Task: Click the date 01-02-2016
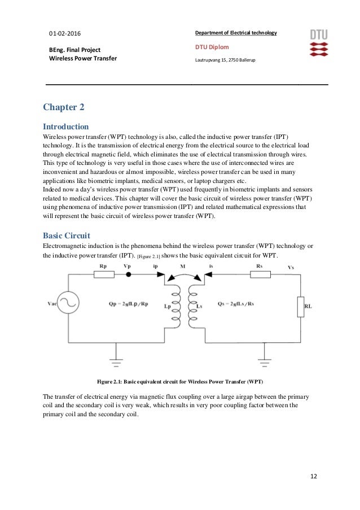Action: (x=65, y=33)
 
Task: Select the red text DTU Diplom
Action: (x=211, y=47)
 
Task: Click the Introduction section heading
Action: (x=66, y=126)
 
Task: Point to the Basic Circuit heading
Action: (x=66, y=235)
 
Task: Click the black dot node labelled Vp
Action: (x=128, y=274)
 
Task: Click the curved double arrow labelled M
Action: (x=182, y=272)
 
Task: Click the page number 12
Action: (x=314, y=476)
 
